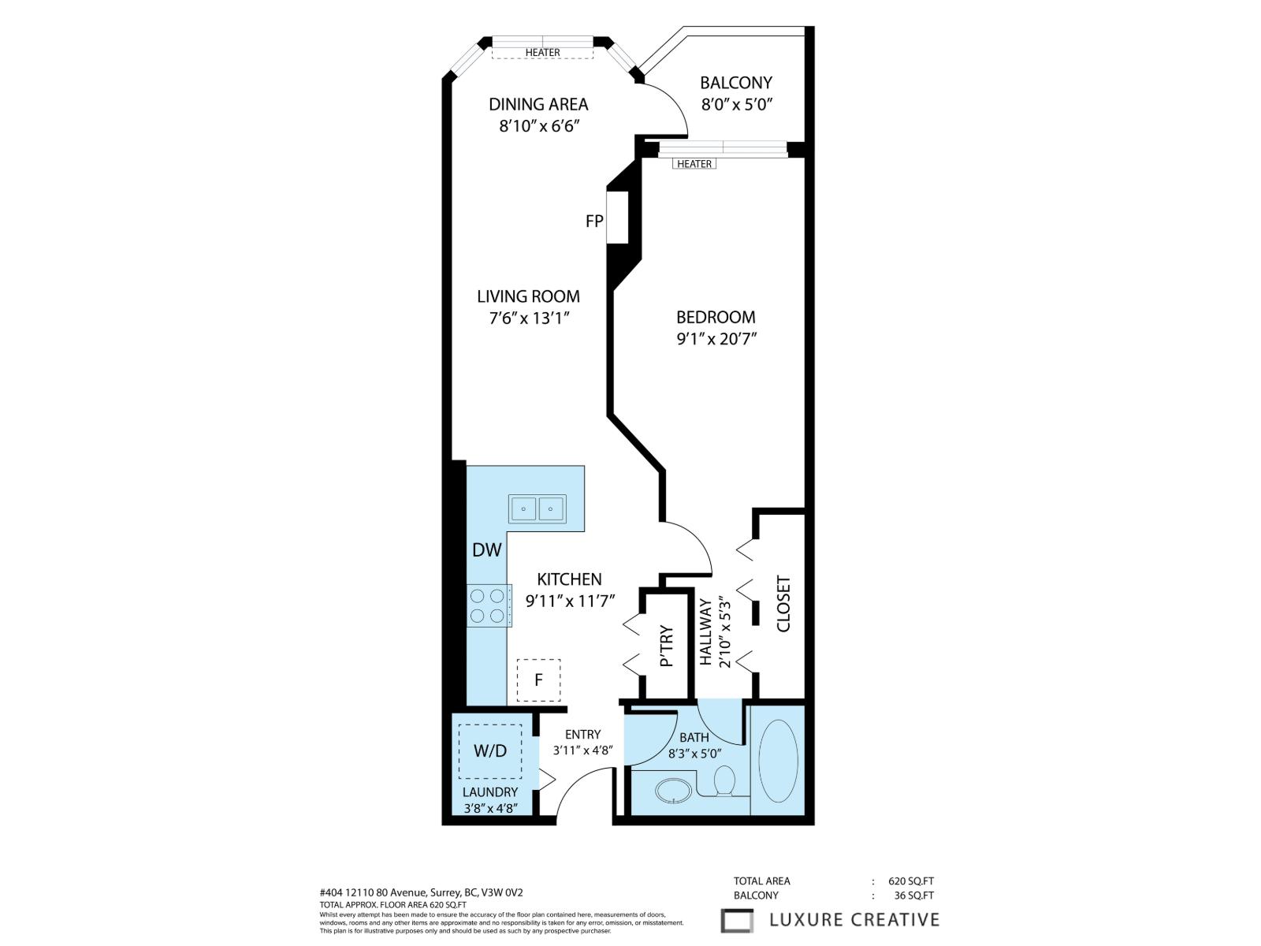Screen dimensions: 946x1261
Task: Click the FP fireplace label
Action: [594, 222]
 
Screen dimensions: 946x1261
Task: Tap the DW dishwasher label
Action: [487, 550]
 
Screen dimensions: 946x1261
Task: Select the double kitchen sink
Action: [537, 508]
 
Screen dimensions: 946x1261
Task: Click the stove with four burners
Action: [488, 605]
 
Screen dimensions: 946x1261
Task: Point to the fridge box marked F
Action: [538, 680]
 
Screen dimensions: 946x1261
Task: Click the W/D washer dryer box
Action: [490, 751]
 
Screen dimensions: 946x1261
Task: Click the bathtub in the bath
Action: [778, 760]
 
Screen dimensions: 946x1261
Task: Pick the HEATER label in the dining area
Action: [543, 53]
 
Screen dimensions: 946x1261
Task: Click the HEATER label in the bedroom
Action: [694, 164]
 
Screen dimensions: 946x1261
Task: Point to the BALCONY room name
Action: [736, 83]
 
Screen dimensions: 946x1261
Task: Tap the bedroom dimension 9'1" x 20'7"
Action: [716, 339]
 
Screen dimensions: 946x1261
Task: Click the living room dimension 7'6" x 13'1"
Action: [528, 318]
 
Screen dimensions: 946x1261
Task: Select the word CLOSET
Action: [783, 604]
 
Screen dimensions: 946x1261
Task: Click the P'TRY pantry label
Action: [667, 646]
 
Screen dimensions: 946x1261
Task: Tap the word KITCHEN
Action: [570, 579]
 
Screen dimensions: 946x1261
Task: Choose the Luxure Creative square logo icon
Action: [738, 921]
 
